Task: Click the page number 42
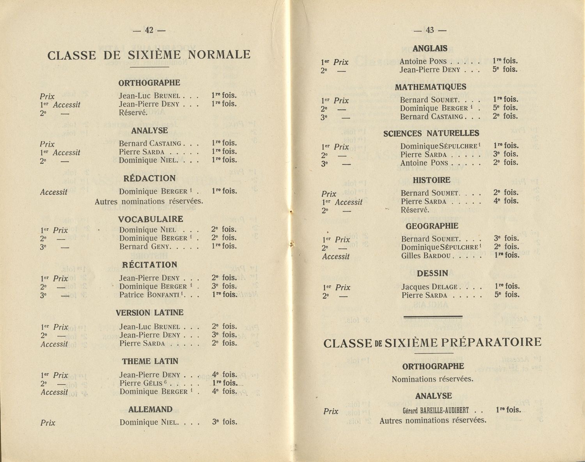149,30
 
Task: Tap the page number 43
430,30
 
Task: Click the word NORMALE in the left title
219,55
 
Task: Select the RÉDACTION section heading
149,178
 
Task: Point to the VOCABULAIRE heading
151,219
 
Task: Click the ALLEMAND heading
150,409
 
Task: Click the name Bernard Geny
145,247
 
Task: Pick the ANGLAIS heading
430,49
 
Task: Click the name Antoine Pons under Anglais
423,61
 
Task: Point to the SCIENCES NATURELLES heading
431,133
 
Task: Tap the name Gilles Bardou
426,256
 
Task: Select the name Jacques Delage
429,287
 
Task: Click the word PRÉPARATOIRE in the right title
492,343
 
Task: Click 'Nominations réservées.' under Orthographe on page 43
432,379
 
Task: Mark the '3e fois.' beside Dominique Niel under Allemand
224,422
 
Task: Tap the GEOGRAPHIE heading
432,226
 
